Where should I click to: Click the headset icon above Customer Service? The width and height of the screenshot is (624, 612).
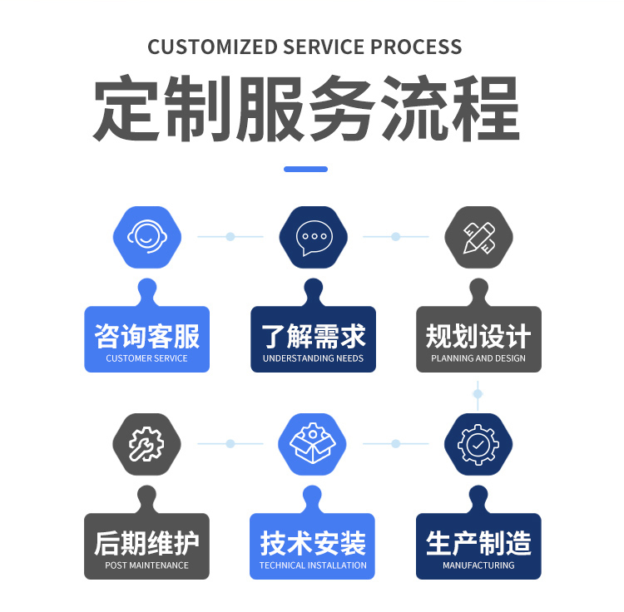click(147, 237)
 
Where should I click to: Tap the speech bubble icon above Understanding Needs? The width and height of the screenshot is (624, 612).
click(313, 237)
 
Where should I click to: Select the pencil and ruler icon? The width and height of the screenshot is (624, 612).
click(478, 237)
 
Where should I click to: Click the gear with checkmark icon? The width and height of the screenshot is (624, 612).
click(478, 444)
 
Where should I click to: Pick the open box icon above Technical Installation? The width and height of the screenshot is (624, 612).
click(313, 444)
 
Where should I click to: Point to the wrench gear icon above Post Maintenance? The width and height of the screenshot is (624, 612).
click(147, 444)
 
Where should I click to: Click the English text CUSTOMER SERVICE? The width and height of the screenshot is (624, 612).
click(147, 358)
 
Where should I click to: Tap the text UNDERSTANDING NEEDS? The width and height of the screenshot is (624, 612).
click(313, 358)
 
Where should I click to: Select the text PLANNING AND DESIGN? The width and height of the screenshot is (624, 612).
click(478, 358)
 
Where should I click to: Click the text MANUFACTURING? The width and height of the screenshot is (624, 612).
click(478, 565)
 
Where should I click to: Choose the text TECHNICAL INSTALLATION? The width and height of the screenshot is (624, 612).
click(313, 565)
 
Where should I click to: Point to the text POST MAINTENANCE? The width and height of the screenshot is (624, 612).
click(147, 565)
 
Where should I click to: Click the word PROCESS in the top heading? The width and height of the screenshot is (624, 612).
click(416, 47)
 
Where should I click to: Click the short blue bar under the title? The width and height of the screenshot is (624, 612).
click(305, 169)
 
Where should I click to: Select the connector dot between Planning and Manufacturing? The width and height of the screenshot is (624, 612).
click(478, 392)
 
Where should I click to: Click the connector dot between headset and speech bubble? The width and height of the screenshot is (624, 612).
click(230, 237)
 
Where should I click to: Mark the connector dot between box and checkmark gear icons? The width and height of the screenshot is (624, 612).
click(396, 444)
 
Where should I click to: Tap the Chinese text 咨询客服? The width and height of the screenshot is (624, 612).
click(147, 337)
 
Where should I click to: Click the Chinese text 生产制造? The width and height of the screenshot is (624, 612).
click(478, 544)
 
